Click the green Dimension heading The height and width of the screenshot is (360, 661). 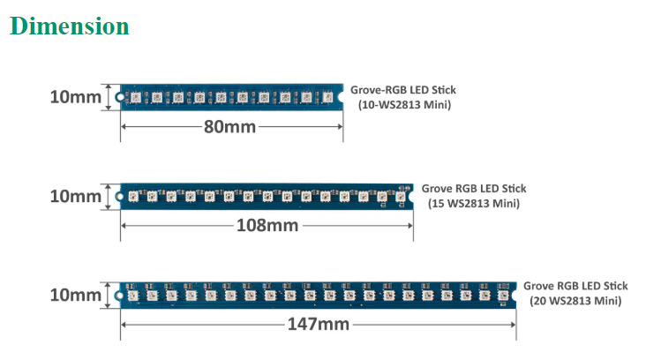70,26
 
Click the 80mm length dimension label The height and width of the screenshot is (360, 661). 229,127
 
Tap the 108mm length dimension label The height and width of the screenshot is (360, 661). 267,226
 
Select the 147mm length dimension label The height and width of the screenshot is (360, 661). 318,325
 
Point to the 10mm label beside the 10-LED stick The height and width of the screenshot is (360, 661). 75,97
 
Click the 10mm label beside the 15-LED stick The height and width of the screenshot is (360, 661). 75,196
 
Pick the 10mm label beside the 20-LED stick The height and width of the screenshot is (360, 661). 75,295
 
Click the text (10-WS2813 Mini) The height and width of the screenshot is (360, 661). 404,105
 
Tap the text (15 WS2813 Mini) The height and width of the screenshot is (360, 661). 474,204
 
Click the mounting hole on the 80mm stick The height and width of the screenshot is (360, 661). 119,96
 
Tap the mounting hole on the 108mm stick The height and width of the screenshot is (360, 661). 119,196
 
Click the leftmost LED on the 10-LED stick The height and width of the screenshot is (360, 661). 135,97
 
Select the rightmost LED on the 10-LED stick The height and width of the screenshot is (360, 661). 327,97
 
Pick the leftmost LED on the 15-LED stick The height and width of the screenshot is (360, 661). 131,197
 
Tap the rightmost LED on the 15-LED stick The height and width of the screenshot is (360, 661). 401,197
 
